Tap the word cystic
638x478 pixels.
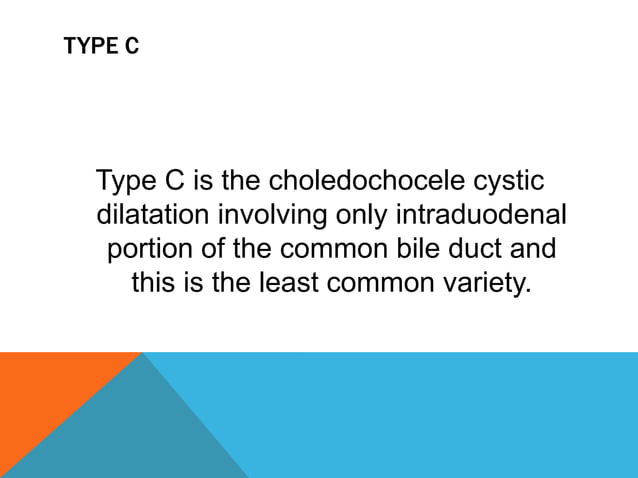510,182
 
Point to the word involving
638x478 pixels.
280,215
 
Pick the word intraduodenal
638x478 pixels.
482,215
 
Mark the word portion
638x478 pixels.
155,248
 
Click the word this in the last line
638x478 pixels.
155,282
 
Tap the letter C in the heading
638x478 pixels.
132,47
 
